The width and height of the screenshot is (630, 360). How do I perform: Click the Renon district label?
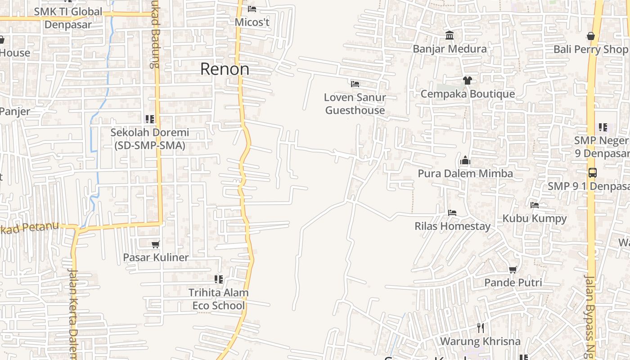click(x=225, y=69)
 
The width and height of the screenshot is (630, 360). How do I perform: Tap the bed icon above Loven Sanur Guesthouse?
click(x=355, y=84)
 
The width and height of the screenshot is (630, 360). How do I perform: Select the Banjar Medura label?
click(x=450, y=49)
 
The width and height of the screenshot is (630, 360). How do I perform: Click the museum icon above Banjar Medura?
click(x=449, y=36)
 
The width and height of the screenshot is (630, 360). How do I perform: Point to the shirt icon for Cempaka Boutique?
click(x=468, y=81)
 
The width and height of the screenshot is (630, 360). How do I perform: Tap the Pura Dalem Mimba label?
click(x=465, y=173)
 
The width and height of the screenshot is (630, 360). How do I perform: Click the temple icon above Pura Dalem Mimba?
click(x=465, y=160)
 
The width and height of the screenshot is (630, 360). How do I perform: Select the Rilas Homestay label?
click(x=452, y=226)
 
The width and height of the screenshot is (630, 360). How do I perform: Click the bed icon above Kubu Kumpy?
click(x=535, y=205)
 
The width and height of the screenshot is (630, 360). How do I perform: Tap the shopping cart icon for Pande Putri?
click(x=513, y=270)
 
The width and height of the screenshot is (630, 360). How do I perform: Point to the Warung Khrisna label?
click(x=480, y=341)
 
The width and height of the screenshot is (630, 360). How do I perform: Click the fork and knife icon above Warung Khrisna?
click(x=480, y=328)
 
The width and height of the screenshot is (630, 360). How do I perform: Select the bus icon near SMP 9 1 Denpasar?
click(x=592, y=173)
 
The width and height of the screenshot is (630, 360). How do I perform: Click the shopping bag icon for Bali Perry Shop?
click(x=591, y=36)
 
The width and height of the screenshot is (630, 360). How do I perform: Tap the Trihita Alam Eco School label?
click(x=218, y=299)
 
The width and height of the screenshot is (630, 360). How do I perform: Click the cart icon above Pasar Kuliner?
click(x=156, y=244)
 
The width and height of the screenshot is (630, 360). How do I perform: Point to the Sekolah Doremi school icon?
click(x=150, y=119)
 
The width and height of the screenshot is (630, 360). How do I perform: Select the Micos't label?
click(x=252, y=22)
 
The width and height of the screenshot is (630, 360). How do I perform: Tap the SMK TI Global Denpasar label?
click(x=68, y=18)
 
